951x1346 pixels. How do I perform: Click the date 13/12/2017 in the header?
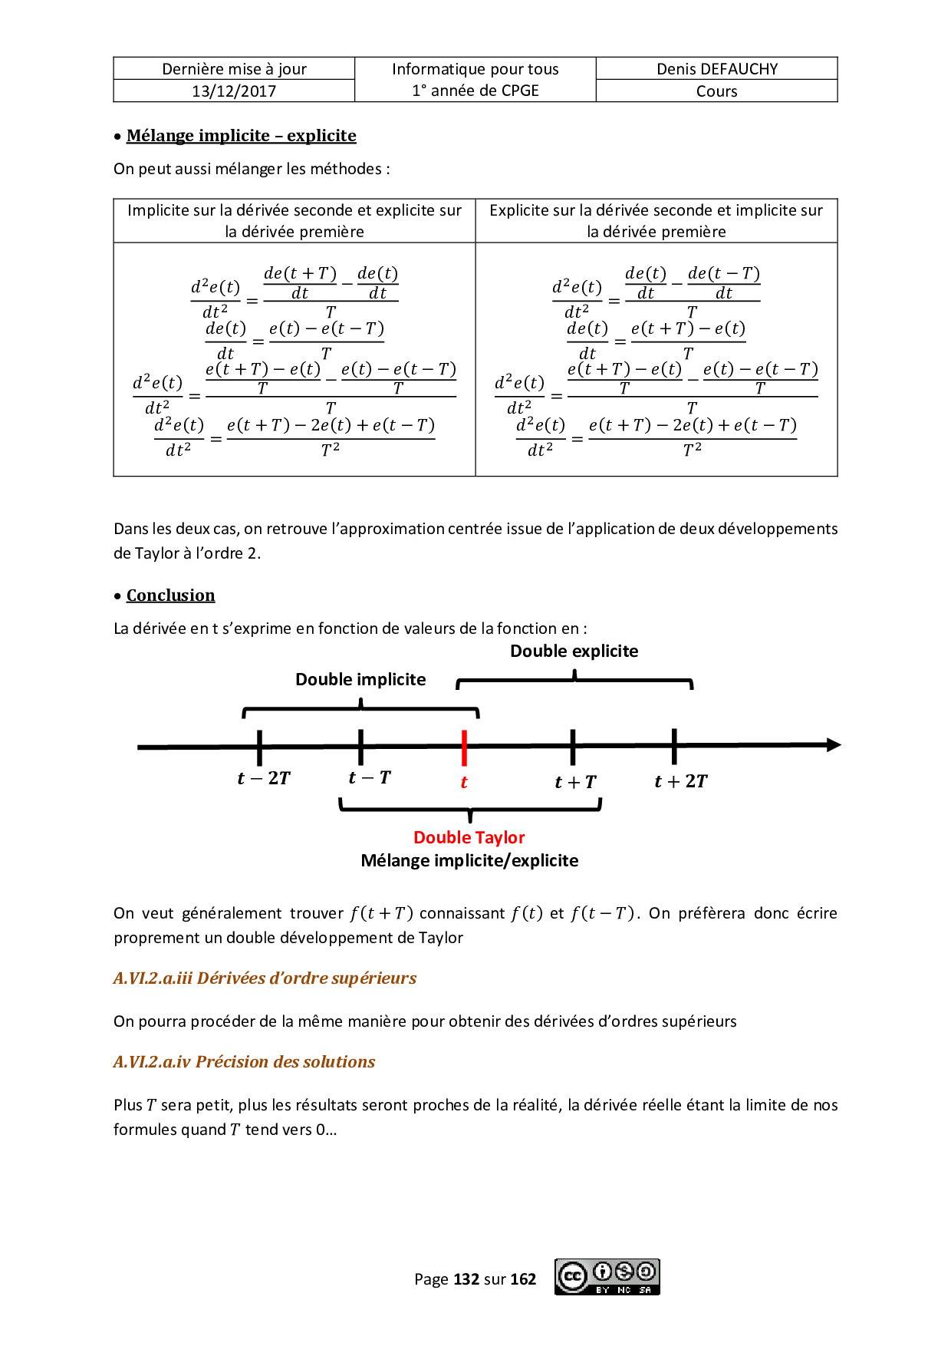click(x=234, y=91)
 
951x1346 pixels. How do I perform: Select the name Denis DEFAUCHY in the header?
click(x=717, y=69)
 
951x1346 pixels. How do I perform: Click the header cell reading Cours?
click(x=717, y=91)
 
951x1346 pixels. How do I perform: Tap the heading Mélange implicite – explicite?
click(x=241, y=136)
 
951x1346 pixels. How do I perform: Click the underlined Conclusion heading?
click(x=170, y=595)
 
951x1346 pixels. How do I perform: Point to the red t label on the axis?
click(x=464, y=782)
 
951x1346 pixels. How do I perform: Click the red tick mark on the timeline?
click(x=465, y=747)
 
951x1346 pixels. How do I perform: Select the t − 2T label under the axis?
click(x=264, y=778)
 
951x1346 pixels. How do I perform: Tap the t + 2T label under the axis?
click(x=680, y=781)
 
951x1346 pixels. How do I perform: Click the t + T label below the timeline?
click(x=575, y=782)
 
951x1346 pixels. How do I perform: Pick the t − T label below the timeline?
click(x=370, y=777)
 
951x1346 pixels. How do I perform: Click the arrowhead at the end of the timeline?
click(x=833, y=744)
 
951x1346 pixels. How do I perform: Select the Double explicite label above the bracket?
click(x=574, y=651)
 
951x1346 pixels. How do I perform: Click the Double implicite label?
click(x=360, y=679)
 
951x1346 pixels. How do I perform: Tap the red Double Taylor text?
click(x=469, y=837)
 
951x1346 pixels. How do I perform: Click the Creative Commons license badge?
click(x=607, y=1277)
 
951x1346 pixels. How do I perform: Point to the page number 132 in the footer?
click(x=466, y=1279)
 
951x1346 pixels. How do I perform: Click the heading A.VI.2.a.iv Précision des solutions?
click(x=244, y=1062)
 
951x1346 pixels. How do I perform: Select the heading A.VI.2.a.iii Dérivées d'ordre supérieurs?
click(x=265, y=978)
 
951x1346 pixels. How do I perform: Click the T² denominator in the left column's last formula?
click(x=330, y=450)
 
